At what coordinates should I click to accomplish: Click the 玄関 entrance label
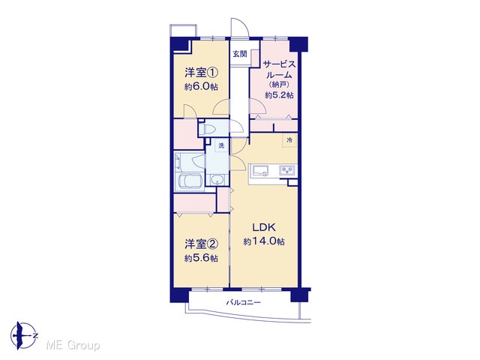[240, 54]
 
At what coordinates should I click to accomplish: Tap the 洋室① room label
[201, 73]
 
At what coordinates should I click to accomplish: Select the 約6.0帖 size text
[201, 87]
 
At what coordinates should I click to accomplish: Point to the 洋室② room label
[201, 244]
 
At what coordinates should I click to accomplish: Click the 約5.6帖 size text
[201, 258]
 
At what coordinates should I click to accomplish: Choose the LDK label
[264, 227]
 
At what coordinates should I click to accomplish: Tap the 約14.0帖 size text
[264, 241]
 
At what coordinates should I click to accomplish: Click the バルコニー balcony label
[243, 303]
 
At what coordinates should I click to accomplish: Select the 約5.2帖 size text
[279, 95]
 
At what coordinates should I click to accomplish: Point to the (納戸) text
[279, 85]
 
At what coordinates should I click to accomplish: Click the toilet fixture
[208, 128]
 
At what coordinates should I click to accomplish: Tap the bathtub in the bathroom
[190, 183]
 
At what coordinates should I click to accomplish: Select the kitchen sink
[259, 170]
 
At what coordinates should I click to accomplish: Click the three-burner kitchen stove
[287, 170]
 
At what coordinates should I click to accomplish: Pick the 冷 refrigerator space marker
[289, 140]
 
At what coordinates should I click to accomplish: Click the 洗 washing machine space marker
[221, 145]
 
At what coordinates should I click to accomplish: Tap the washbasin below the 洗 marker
[217, 180]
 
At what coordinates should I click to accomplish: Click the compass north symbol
[24, 335]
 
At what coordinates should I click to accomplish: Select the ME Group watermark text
[73, 345]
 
